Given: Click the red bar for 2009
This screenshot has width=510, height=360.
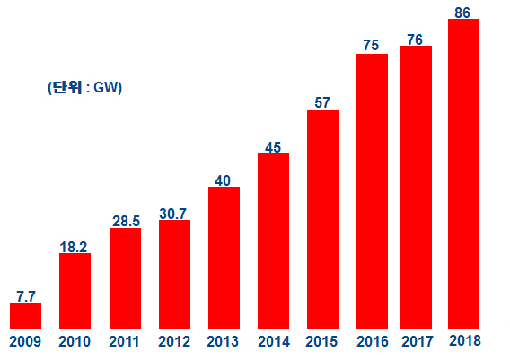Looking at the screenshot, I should pos(25,315).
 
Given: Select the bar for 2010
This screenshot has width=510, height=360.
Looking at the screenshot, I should pos(75,290).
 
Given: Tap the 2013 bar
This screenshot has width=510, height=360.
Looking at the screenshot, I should pos(224,257).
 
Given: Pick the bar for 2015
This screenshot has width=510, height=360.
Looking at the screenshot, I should pos(322,219).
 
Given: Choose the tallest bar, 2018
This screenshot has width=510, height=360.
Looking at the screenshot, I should pos(463,173).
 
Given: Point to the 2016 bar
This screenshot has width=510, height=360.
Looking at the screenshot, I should pos(372,190).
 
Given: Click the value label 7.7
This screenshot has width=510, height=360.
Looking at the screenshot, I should pos(25,295).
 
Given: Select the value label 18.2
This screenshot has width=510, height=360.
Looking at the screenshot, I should pos(75,246).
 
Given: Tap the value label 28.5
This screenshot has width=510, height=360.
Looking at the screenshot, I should pos(125,221).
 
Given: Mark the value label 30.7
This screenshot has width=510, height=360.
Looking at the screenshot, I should pos(174,213).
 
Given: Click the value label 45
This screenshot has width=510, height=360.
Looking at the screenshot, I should pos(273,146).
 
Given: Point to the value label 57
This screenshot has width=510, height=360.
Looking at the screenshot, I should pos(322,103).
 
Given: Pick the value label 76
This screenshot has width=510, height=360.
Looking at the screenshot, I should pos(415,39).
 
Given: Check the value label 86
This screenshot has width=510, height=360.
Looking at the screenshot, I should pos(463,12).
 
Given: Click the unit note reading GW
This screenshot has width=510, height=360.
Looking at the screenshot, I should pos(84,87).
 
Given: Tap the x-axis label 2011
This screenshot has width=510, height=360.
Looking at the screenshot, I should pos(125,341).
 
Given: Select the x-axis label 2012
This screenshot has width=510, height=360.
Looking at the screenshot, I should pos(174,341).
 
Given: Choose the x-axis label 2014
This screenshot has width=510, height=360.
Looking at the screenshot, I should pos(273,341).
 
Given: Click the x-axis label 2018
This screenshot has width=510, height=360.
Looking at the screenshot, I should pos(463,341).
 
